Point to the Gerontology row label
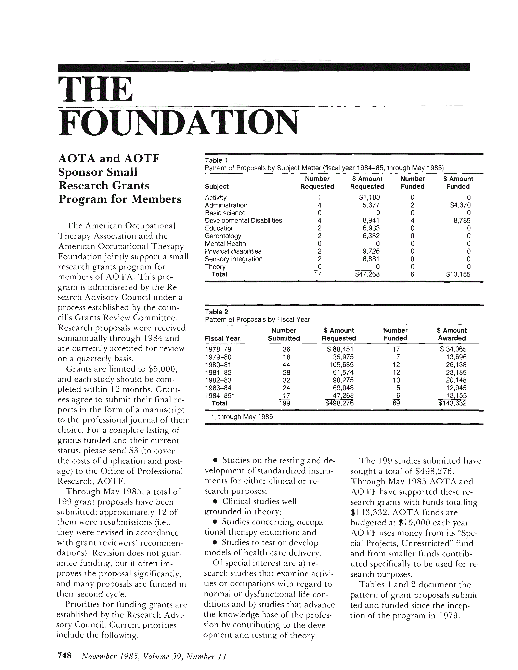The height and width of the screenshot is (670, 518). click(223, 236)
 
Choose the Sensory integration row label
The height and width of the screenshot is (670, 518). click(234, 259)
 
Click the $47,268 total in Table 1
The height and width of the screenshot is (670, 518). click(367, 274)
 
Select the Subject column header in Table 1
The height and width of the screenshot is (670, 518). click(217, 187)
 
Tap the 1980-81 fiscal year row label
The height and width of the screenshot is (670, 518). click(218, 365)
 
